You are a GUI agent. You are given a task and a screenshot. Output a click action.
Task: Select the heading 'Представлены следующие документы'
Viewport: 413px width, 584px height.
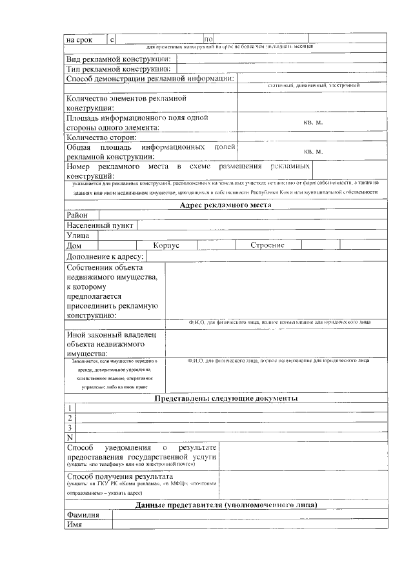226,399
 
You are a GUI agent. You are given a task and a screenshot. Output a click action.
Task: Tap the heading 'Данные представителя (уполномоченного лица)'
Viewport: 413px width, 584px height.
226,505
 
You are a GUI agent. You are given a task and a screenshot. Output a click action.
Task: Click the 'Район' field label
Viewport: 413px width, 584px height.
77,215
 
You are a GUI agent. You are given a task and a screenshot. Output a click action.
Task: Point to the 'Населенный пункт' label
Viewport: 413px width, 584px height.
100,225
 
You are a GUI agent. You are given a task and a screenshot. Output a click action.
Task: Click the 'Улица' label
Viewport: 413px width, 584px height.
78,236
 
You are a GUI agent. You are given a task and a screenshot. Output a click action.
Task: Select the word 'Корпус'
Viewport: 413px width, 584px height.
166,246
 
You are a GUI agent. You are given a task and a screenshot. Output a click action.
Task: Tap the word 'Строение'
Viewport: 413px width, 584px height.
267,246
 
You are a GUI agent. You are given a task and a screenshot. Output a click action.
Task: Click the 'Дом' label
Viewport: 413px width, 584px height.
74,246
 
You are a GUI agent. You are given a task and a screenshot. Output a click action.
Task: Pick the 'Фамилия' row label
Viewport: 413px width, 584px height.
83,515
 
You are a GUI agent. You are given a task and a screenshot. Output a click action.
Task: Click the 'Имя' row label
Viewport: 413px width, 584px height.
74,525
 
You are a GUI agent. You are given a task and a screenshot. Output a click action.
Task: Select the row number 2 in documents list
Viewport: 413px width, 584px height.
70,418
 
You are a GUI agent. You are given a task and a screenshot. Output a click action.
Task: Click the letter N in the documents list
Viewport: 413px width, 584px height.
70,438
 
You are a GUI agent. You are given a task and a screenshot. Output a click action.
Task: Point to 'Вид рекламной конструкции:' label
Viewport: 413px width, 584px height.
119,59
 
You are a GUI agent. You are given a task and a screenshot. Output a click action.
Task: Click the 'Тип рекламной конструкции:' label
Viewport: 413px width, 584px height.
118,69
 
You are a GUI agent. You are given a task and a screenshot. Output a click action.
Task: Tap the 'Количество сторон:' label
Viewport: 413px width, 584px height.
101,137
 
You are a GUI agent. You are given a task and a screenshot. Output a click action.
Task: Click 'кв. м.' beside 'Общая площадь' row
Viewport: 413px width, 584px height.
313,152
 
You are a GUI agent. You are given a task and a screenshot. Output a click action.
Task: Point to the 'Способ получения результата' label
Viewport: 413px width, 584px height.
120,476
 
